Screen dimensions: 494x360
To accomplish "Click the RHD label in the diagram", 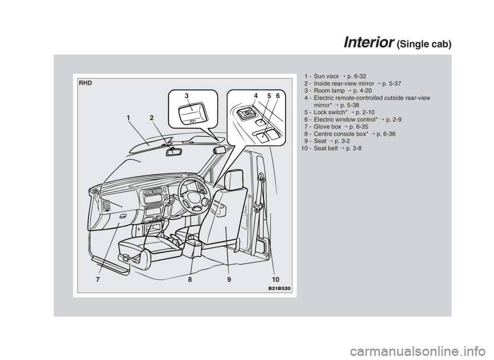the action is (x=85, y=82).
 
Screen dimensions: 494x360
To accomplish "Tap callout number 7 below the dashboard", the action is (x=96, y=280).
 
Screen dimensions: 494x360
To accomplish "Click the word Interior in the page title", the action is (x=367, y=43).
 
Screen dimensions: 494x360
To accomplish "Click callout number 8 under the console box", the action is (x=189, y=280).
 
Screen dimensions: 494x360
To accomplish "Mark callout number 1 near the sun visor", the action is (x=127, y=118).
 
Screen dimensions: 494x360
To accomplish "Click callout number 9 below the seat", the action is (x=227, y=280).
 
